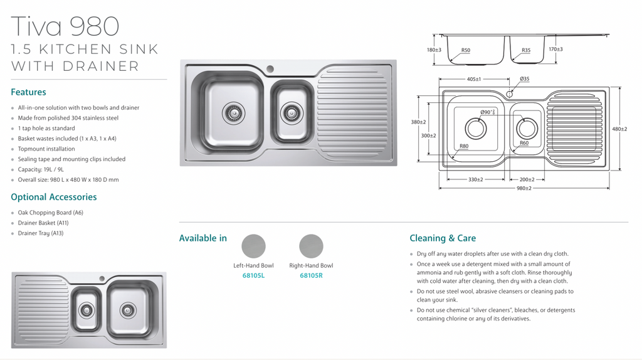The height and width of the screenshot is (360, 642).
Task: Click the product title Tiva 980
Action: point(65,26)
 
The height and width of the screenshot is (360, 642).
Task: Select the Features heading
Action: point(28,92)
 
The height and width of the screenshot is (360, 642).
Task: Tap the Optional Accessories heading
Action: point(54,197)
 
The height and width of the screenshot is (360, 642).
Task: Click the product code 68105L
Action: point(253,275)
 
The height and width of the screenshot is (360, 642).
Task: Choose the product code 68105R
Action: point(311,275)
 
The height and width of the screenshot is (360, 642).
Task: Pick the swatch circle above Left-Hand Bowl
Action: point(253,246)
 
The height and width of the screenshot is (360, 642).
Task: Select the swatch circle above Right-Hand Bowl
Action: point(311,246)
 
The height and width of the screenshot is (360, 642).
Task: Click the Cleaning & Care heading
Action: point(443,238)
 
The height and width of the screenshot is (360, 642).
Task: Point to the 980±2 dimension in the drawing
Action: point(524,188)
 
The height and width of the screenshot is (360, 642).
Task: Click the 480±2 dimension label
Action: point(619,129)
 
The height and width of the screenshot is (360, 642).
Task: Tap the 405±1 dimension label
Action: point(473,80)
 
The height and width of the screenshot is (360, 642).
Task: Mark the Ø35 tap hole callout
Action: point(524,79)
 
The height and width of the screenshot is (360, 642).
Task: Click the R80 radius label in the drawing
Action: point(464,146)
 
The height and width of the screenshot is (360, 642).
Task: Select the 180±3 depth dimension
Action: point(434,50)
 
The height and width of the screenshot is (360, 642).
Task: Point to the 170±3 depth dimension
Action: point(555,50)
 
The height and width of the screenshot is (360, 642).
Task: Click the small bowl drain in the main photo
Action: point(291,113)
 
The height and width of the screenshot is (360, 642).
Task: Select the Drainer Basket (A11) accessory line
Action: point(43,223)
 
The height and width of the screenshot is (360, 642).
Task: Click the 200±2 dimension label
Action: point(527,180)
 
